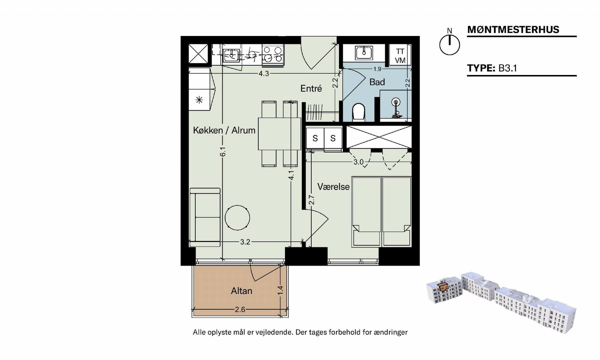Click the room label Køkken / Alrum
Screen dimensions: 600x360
pos(224,130)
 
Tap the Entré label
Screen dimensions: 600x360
pos(311,88)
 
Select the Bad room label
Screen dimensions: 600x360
pos(377,82)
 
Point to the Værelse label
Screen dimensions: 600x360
pos(333,187)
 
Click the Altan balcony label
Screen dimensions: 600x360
pos(241,291)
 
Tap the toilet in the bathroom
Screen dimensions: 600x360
pos(358,112)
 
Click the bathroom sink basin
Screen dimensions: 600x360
pos(364,52)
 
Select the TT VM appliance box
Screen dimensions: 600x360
pos(400,55)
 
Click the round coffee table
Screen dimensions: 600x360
pos(237,218)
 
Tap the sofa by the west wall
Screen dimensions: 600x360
pos(205,217)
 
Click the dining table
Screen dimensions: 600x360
pos(280,133)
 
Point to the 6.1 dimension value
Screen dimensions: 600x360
pos(223,151)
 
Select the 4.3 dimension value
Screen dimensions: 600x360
pos(264,73)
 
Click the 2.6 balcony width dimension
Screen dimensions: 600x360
pos(240,309)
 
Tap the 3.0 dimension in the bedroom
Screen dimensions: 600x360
pos(358,162)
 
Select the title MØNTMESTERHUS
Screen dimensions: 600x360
pos(513,30)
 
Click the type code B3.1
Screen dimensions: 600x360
pos(508,68)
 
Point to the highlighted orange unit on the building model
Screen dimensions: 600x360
pos(442,286)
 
